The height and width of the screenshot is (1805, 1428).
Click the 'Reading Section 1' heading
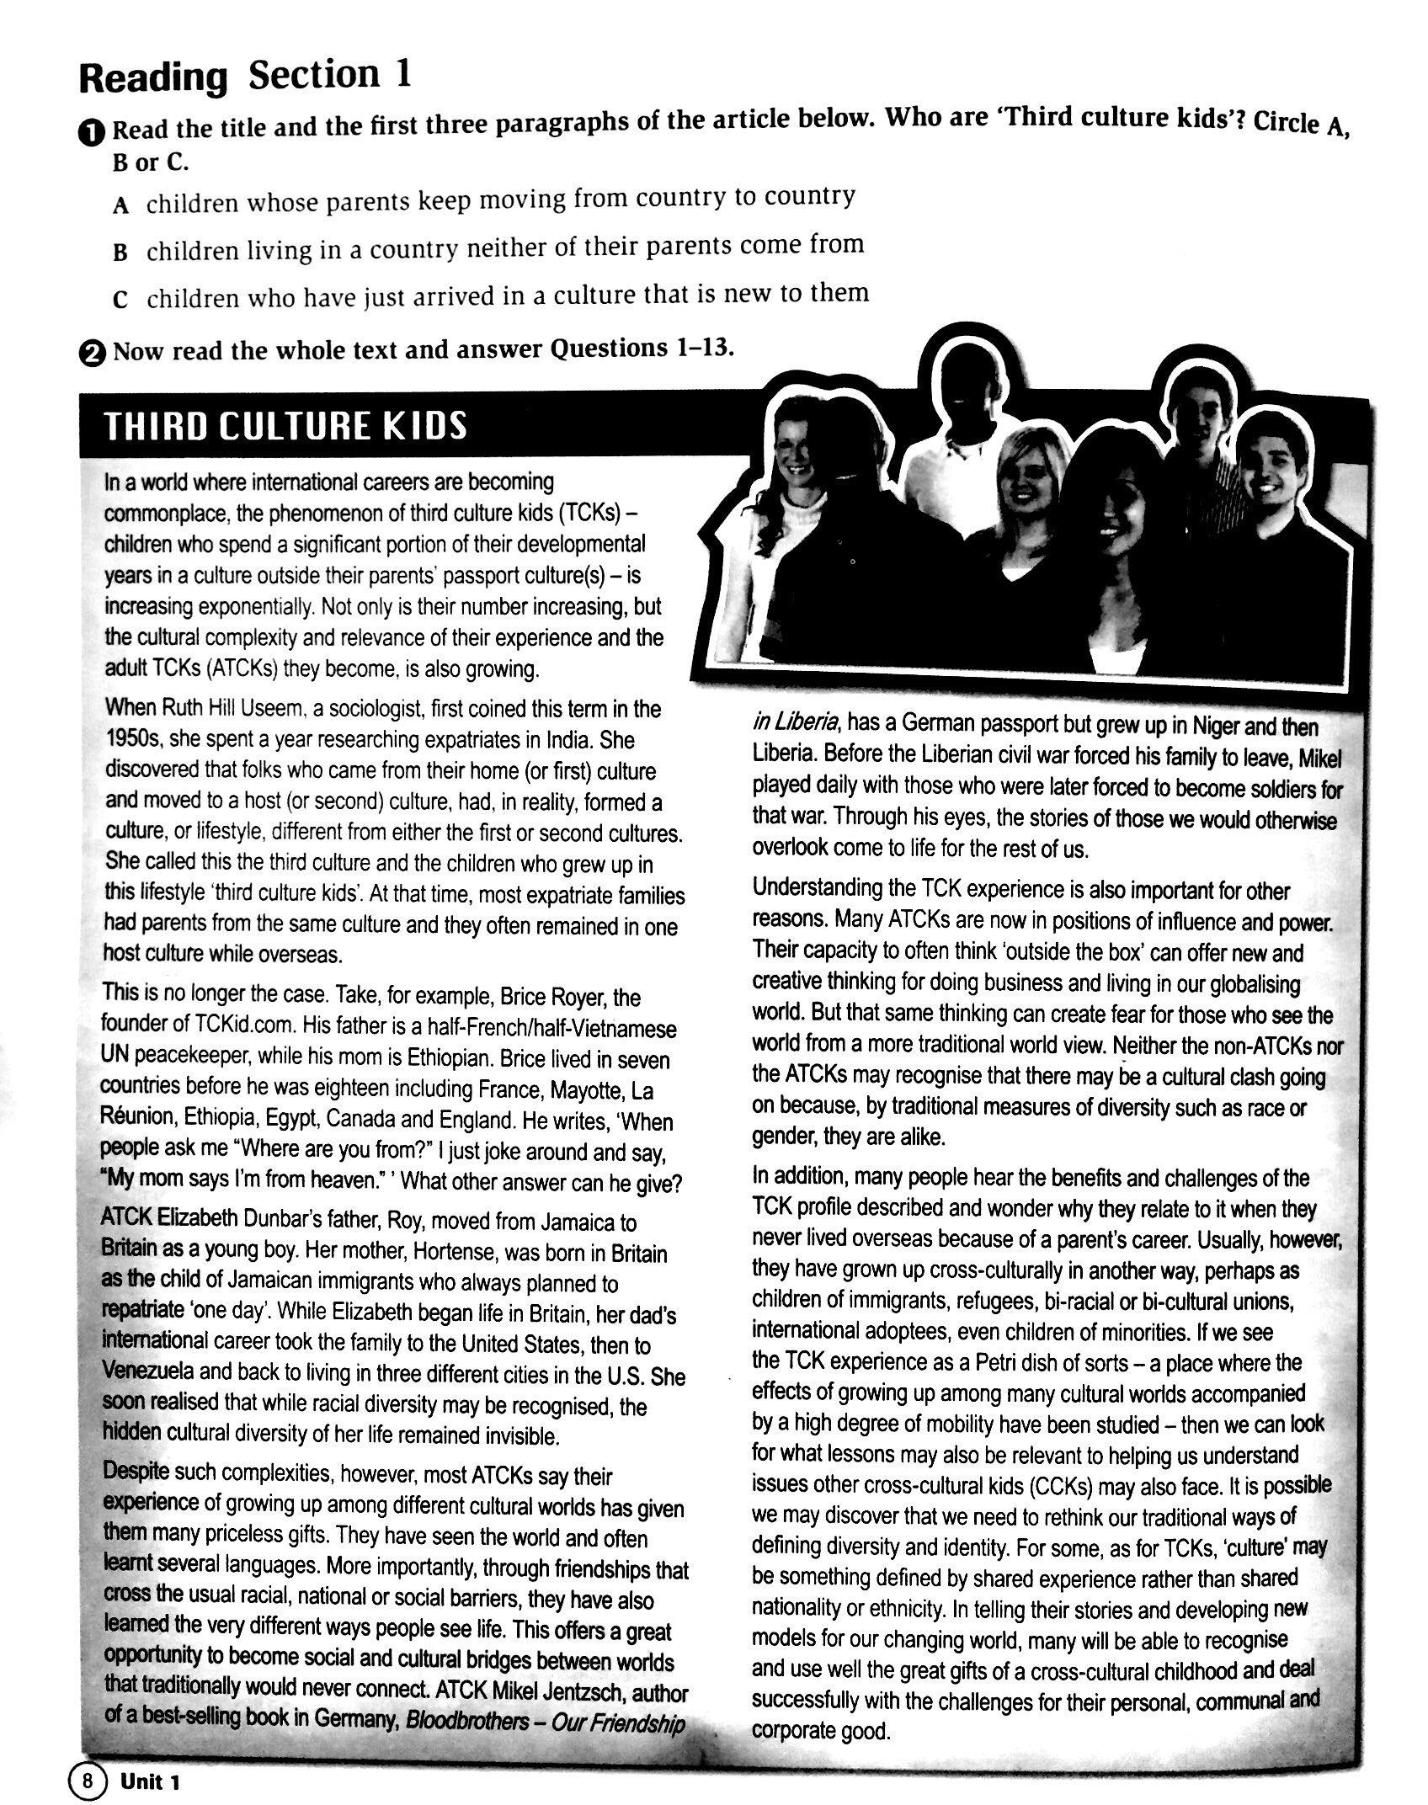coord(245,77)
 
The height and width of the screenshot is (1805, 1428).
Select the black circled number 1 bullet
coord(93,132)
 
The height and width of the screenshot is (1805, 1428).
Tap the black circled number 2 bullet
coord(93,354)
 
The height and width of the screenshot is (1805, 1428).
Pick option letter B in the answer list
coord(120,253)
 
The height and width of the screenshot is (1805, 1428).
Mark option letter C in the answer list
coord(120,301)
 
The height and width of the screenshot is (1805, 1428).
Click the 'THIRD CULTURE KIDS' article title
coord(285,426)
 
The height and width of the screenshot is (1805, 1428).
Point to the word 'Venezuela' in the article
coord(148,1371)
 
